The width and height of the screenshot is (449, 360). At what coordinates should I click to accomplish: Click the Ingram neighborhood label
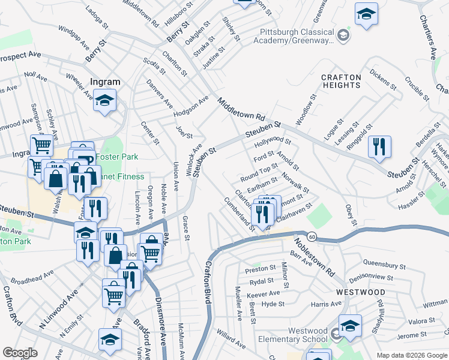click(105, 82)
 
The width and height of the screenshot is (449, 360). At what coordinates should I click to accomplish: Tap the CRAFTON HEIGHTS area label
click(341, 81)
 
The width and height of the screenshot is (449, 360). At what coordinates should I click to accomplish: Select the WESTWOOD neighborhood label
click(360, 292)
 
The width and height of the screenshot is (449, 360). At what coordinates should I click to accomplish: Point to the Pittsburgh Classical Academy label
click(297, 36)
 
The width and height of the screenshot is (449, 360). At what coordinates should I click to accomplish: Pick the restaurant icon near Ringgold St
click(379, 146)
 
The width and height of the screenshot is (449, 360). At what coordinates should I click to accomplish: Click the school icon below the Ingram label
click(105, 101)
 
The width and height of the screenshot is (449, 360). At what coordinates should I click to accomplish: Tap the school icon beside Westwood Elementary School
click(349, 326)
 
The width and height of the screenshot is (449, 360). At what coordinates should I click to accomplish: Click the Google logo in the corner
click(19, 352)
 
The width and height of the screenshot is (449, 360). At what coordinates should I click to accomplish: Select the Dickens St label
click(384, 80)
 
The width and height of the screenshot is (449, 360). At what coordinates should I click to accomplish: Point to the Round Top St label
click(259, 173)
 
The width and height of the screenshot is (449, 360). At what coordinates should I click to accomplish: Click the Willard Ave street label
click(231, 337)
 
